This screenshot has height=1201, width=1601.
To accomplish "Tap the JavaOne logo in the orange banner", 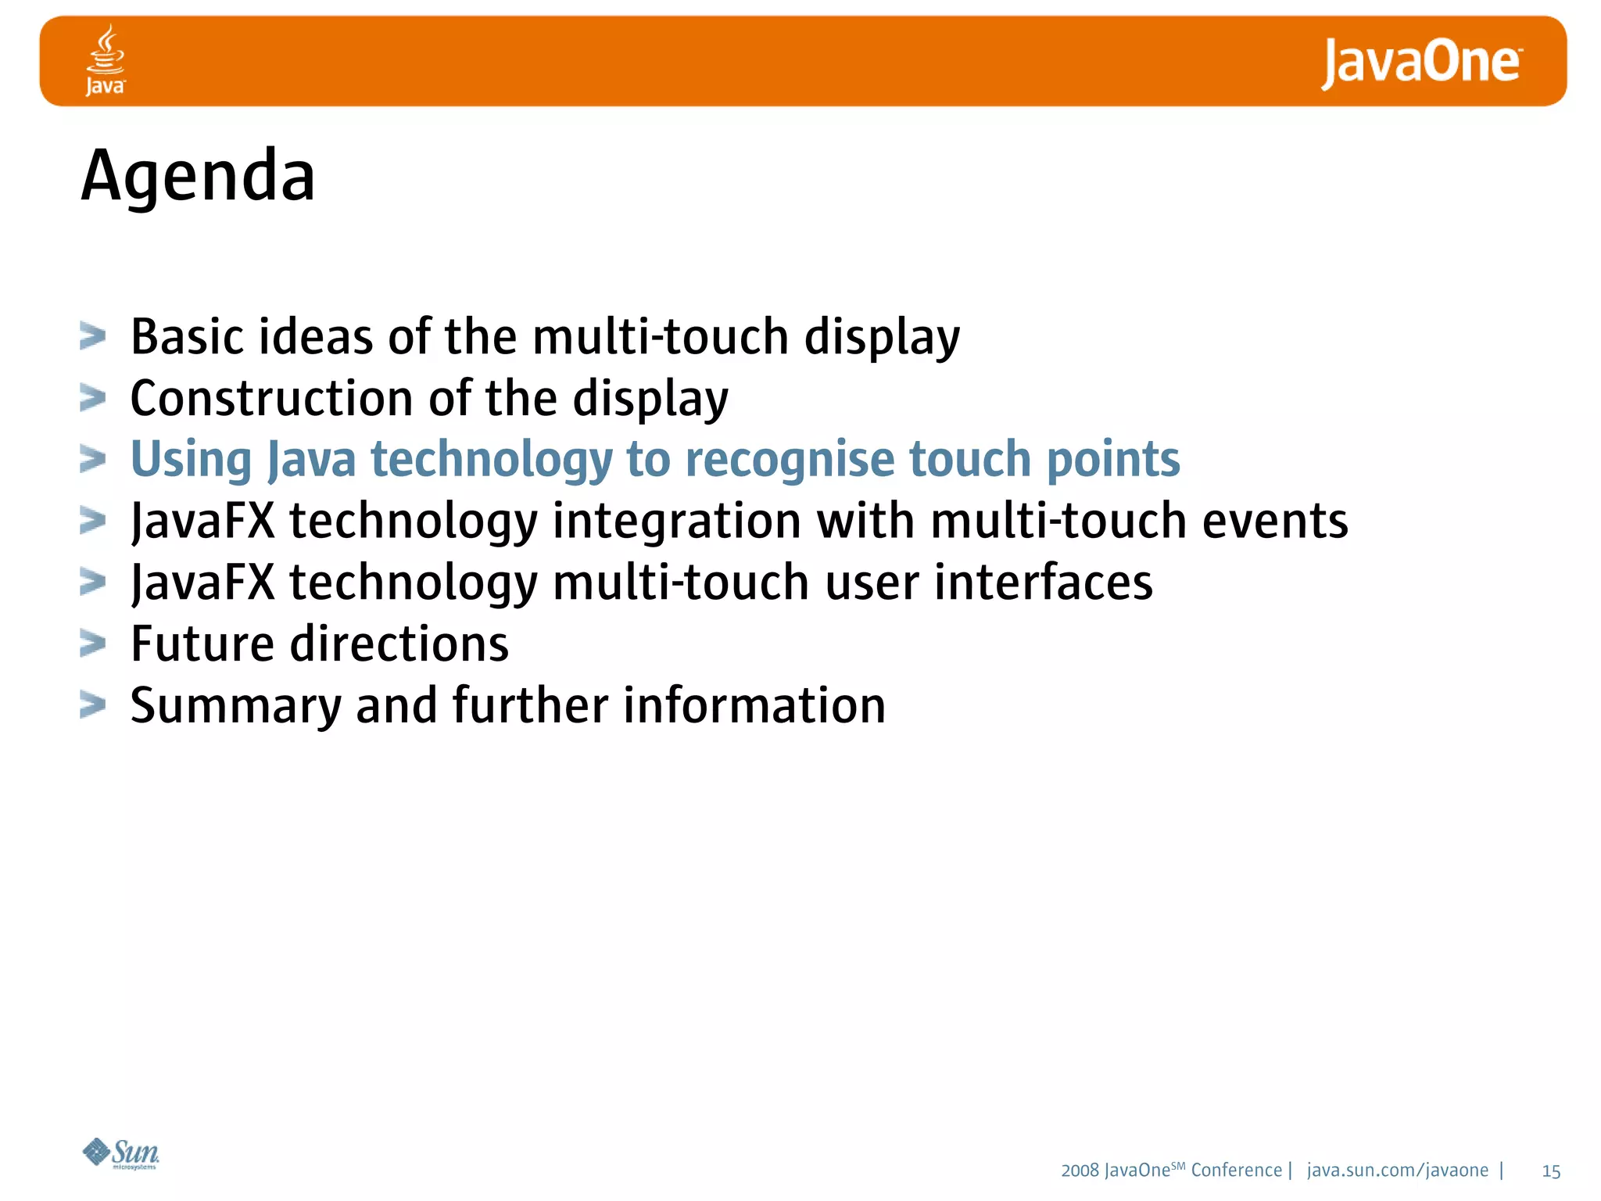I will click(x=1421, y=63).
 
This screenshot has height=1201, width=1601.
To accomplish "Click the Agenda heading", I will click(x=199, y=176).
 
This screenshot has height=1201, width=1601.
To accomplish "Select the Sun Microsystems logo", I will click(x=121, y=1153).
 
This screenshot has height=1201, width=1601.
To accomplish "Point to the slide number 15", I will click(x=1551, y=1171).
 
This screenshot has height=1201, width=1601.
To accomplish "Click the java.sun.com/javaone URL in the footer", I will click(x=1397, y=1171).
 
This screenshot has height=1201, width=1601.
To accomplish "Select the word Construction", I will click(x=271, y=399).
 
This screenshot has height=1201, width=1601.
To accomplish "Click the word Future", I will click(x=202, y=644).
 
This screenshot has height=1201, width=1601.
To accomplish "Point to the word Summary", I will click(x=235, y=706).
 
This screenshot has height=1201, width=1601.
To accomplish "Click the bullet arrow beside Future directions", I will click(x=92, y=644).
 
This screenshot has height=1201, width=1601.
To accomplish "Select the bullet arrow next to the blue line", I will click(x=92, y=460).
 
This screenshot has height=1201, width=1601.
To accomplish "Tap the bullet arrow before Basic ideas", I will click(x=92, y=337).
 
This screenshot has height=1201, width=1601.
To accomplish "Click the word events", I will click(x=1274, y=522).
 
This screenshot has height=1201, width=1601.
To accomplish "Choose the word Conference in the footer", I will click(x=1236, y=1171).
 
